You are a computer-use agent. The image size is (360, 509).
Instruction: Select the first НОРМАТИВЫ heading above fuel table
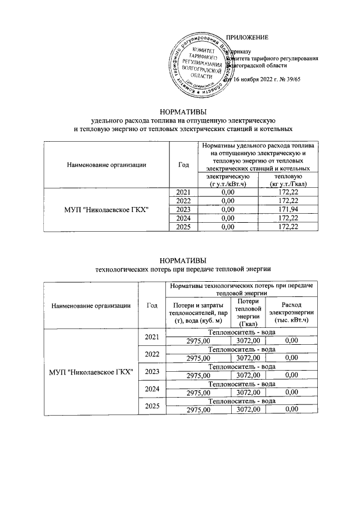pyautogui.click(x=183, y=110)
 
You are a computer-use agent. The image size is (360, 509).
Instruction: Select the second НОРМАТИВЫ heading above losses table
pyautogui.click(x=183, y=260)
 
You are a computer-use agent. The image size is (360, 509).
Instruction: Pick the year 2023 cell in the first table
pyautogui.click(x=183, y=209)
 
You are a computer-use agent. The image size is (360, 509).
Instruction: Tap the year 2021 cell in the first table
pyautogui.click(x=183, y=192)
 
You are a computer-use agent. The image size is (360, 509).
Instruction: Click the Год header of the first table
pyautogui.click(x=183, y=164)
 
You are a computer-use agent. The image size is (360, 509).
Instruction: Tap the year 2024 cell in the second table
pyautogui.click(x=151, y=389)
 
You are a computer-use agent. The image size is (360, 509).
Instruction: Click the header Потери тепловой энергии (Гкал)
pyautogui.click(x=248, y=313)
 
